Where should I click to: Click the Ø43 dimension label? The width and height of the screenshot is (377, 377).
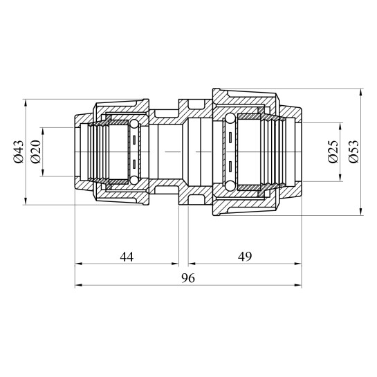(19, 152)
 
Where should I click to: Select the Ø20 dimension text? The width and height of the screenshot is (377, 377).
(35, 152)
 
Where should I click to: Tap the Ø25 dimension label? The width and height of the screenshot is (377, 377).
(333, 152)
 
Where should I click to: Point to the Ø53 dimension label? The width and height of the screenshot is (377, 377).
(353, 152)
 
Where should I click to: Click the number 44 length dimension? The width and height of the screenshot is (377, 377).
(127, 257)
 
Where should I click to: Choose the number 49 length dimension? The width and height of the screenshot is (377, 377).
(245, 257)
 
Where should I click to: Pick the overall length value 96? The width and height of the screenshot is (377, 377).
(188, 278)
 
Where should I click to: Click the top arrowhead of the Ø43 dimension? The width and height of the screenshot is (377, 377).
(26, 102)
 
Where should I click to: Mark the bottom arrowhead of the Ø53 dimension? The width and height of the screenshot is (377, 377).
(360, 212)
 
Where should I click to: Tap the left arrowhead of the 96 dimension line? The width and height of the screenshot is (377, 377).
(78, 286)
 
